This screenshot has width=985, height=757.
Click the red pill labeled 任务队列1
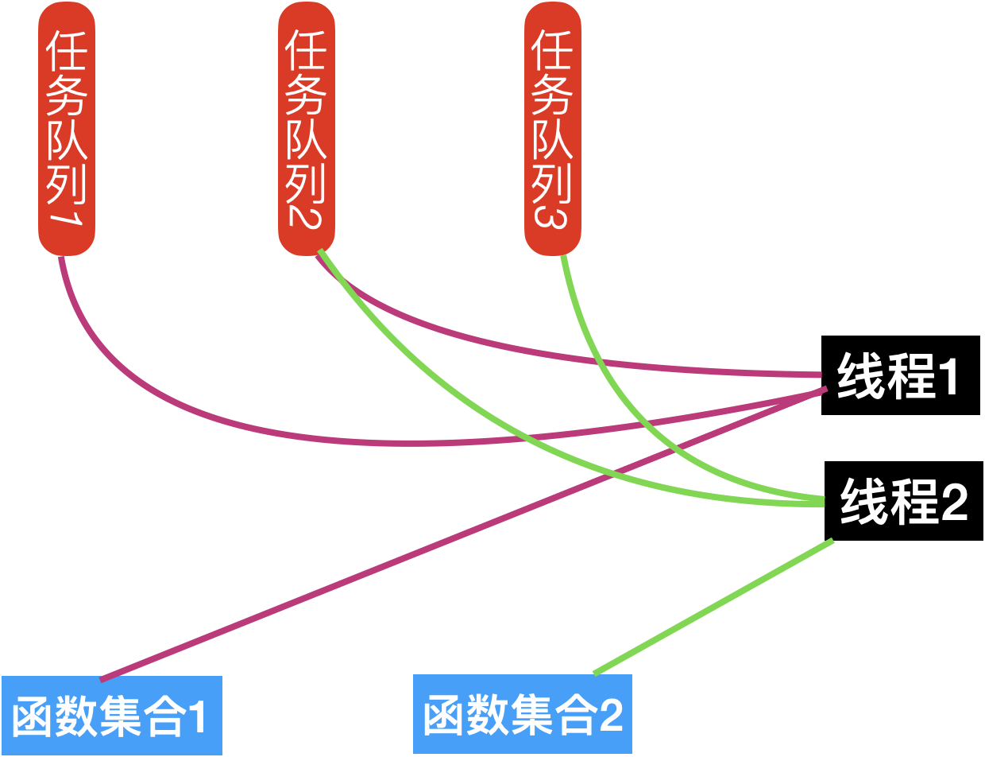(x=67, y=127)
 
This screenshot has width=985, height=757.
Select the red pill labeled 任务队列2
(x=307, y=127)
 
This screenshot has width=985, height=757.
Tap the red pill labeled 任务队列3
(x=552, y=127)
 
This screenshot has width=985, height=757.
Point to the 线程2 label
(x=904, y=503)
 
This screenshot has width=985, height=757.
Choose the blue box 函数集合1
(x=111, y=716)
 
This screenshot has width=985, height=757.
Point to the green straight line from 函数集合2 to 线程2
(x=715, y=606)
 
